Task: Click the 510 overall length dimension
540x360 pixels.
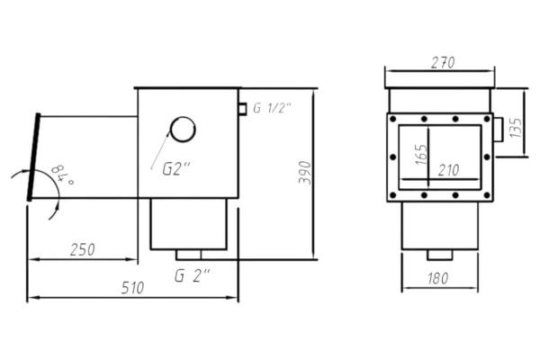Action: (132, 288)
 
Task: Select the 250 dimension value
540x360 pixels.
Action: (82, 250)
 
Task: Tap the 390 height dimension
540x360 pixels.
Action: (305, 172)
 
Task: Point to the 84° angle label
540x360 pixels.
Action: (62, 175)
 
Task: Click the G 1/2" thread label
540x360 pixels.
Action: (272, 108)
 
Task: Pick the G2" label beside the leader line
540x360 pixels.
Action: (176, 169)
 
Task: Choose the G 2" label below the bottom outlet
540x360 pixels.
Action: (193, 275)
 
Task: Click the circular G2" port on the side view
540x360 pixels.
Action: (184, 130)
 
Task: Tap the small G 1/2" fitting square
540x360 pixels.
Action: (243, 109)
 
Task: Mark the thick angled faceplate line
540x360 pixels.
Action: (34, 157)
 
